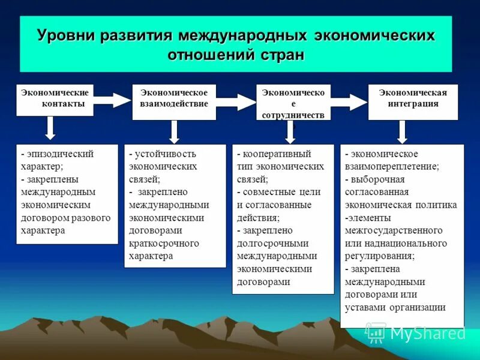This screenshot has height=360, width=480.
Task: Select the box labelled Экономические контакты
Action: pos(55,99)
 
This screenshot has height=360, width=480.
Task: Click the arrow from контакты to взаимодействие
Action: pos(112,100)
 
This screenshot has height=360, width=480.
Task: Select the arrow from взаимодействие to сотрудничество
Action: pos(236,102)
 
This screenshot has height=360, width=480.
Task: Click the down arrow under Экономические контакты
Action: pos(50,128)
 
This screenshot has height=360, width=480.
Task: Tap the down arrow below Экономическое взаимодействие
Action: pos(173,131)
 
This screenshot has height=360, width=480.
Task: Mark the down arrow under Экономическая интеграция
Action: pos(402,131)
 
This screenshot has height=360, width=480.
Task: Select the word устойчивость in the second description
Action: pos(166,154)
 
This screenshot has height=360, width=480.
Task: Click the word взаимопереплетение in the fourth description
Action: pos(391,166)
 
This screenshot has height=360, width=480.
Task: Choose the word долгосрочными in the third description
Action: pos(272,243)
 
